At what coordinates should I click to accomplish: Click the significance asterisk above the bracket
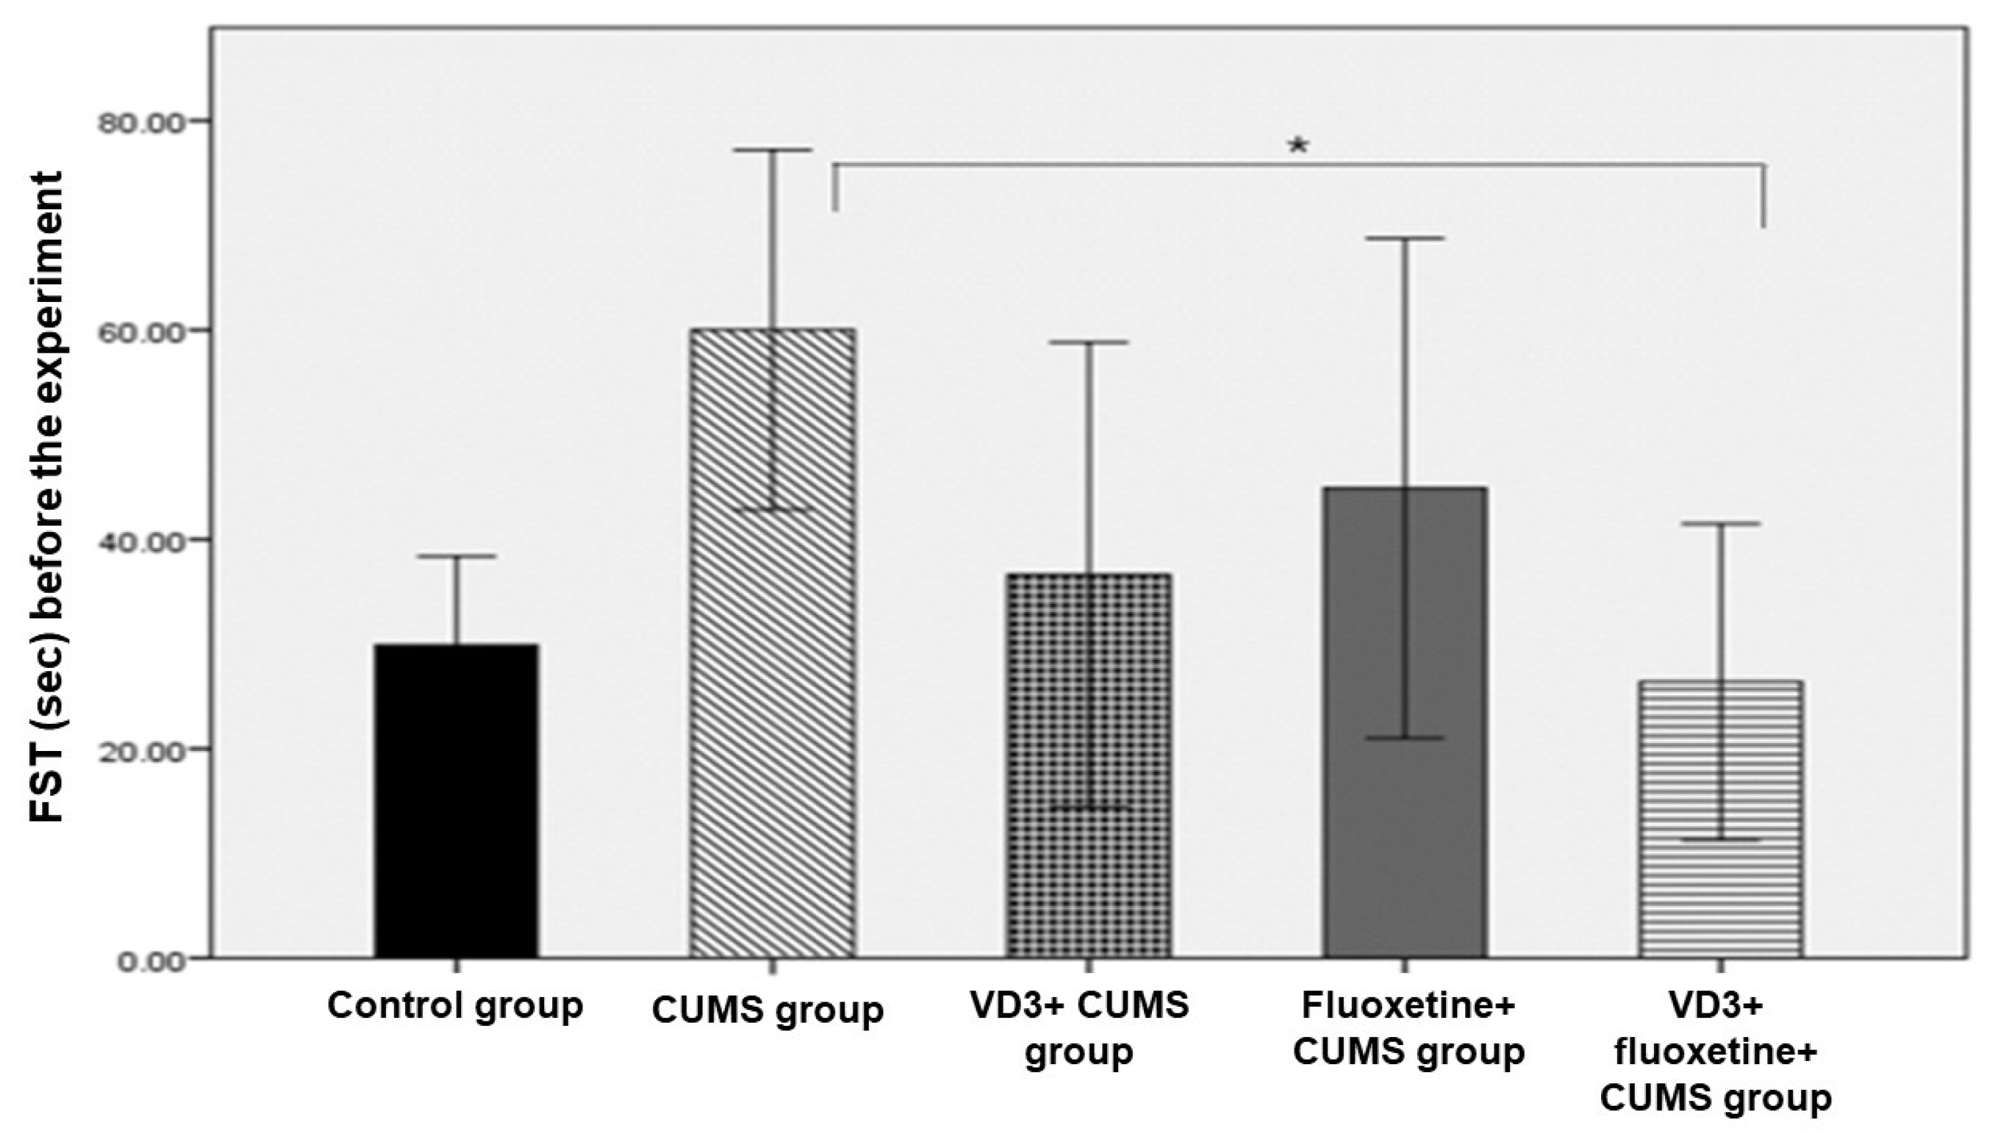[1298, 146]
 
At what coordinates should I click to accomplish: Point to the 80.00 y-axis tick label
[142, 122]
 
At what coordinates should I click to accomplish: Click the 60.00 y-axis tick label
[142, 331]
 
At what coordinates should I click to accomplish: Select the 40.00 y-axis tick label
[142, 540]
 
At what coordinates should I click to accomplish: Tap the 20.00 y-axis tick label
[142, 749]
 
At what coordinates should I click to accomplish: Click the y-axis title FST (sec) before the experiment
[47, 497]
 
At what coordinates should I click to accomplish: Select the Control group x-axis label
[455, 1006]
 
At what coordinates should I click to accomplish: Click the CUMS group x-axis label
[768, 1011]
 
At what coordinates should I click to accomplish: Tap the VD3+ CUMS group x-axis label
[1079, 1028]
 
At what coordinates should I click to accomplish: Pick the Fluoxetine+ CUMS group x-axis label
[1408, 1028]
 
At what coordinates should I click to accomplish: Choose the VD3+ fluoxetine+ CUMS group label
[1716, 1052]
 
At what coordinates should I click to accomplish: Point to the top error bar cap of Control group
[456, 556]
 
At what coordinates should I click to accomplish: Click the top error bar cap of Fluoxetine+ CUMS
[1405, 238]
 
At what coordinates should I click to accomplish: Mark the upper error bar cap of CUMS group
[773, 150]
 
